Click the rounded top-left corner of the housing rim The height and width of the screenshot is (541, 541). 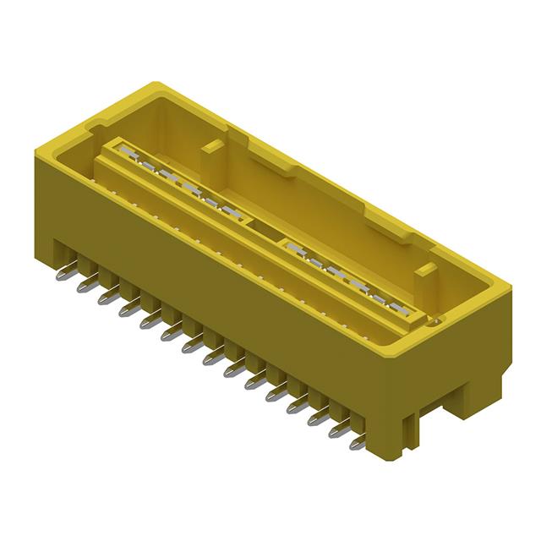155,87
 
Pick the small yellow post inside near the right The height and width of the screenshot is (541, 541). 426,271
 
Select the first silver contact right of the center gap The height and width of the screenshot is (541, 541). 292,248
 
